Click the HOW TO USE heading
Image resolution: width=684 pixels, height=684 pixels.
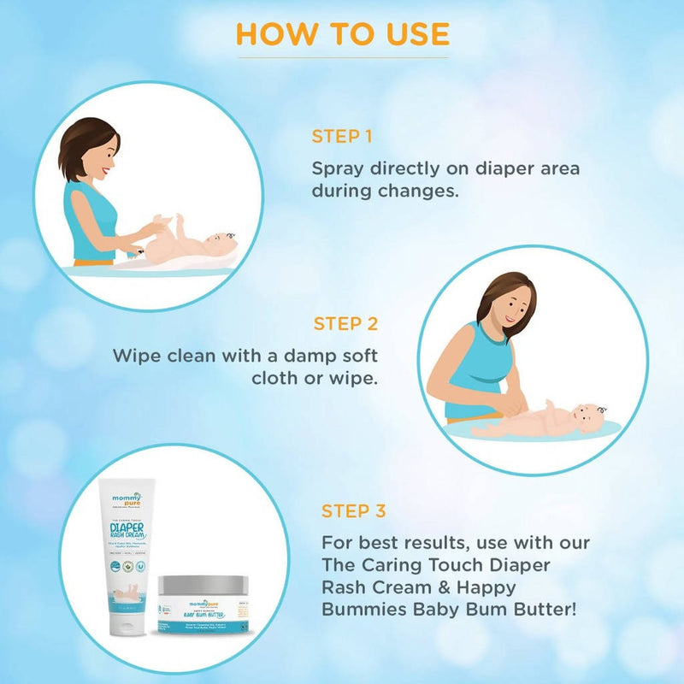point(342,33)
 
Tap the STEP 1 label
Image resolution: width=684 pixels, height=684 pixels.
point(341,136)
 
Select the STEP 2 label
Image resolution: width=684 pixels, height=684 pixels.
point(345,323)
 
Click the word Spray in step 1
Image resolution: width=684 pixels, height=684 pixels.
point(339,168)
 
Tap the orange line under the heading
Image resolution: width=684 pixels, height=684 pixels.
point(342,58)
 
